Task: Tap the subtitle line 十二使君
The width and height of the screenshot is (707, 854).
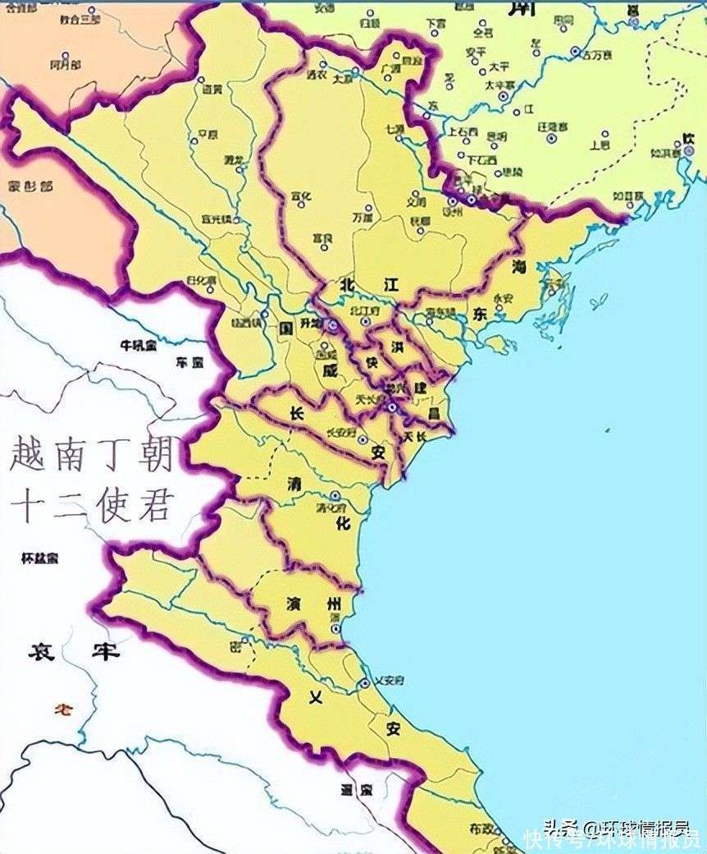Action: coord(92,505)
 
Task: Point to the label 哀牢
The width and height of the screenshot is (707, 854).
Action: coord(74,652)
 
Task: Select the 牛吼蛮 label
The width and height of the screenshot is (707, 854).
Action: coord(138,346)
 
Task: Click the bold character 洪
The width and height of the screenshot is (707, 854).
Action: coord(398,347)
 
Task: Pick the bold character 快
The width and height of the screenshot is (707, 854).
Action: coord(372,362)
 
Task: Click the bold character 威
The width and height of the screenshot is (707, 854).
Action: coord(330,370)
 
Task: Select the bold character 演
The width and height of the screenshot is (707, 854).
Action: coord(294,604)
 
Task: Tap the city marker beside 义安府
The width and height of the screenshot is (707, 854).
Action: coord(365,682)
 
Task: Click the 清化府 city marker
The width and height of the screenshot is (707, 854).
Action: coord(335,496)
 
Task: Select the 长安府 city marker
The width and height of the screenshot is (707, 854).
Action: coord(362,439)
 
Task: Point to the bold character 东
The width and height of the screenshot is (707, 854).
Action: coord(481,315)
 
